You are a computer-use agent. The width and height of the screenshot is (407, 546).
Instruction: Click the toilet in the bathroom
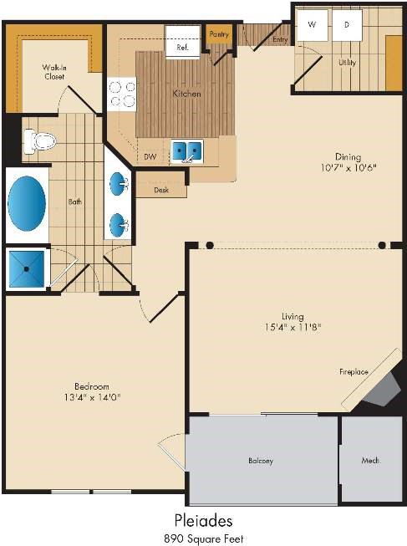[x=39, y=141]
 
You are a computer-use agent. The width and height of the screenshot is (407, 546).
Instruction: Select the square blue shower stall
[x=27, y=269]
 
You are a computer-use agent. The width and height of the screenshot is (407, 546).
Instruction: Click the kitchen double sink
[x=186, y=151]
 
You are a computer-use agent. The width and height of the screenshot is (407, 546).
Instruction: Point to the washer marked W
[x=312, y=25]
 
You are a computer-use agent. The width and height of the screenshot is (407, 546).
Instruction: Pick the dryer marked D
[x=347, y=25]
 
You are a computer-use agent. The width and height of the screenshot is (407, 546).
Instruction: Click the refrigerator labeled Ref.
[x=182, y=40]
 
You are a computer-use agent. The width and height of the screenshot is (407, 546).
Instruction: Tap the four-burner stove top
[x=121, y=94]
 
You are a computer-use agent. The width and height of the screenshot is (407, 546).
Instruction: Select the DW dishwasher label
[x=150, y=157]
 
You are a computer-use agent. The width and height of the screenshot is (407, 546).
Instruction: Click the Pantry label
[x=219, y=34]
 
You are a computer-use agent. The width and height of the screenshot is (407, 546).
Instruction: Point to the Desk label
[x=161, y=190]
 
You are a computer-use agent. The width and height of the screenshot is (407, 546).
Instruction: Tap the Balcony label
[x=261, y=461]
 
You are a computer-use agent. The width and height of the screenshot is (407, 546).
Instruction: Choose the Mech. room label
[x=370, y=461]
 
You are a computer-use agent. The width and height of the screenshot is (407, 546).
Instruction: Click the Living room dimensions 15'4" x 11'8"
[x=293, y=327]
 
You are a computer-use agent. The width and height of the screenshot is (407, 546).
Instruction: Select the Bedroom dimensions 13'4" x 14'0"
[x=92, y=397]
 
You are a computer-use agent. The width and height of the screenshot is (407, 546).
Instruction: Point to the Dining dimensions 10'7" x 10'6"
[x=348, y=168]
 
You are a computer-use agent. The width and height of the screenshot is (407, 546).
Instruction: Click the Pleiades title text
[x=203, y=521]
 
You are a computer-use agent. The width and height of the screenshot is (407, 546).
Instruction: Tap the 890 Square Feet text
[x=204, y=538]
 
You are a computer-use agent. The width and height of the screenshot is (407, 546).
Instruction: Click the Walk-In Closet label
[x=54, y=72]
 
